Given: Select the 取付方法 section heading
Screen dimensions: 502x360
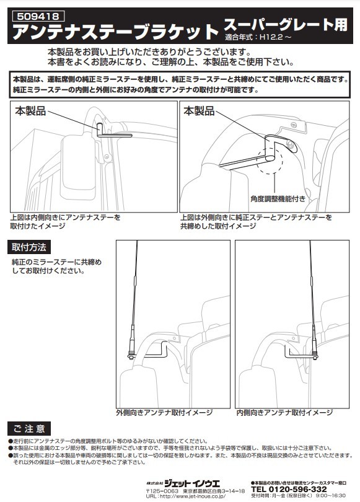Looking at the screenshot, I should pyautogui.click(x=29, y=247).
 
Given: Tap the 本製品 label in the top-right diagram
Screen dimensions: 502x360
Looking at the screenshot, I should pyautogui.click(x=199, y=112).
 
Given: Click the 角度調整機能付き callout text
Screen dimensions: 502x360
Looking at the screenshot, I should pyautogui.click(x=278, y=199).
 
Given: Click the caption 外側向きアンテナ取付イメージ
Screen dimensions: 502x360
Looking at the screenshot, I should pyautogui.click(x=164, y=412).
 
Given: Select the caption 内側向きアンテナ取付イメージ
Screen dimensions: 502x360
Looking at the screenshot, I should pyautogui.click(x=284, y=412).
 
